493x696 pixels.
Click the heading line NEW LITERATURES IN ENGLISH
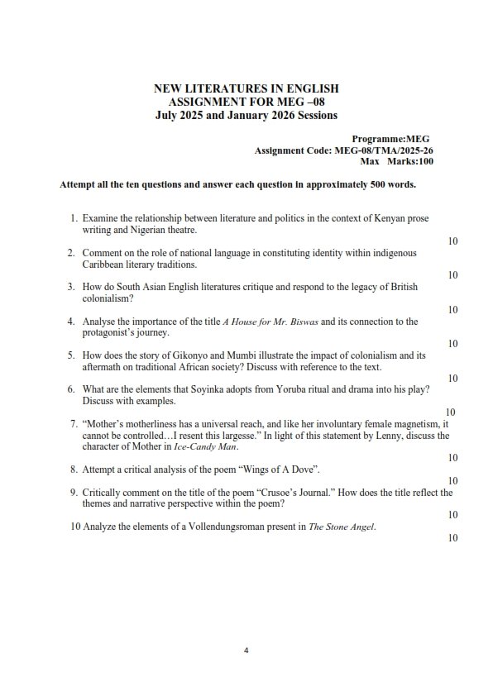pos(247,88)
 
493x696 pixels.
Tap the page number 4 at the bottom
pos(247,651)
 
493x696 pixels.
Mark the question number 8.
pos(74,469)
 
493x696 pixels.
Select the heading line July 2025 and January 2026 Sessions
pos(247,113)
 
